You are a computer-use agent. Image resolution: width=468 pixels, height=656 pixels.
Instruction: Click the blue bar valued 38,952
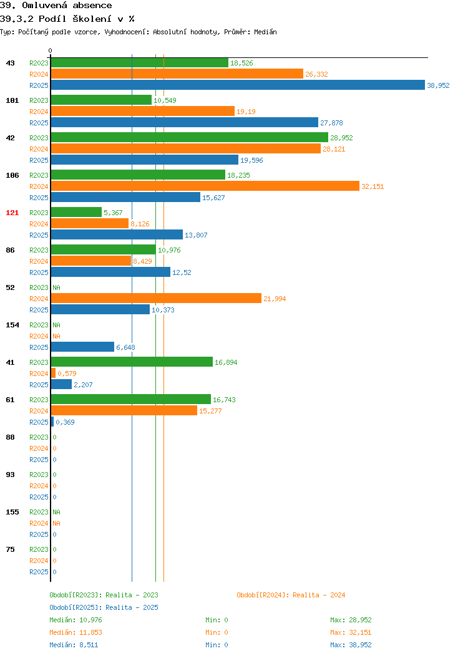[x=238, y=85]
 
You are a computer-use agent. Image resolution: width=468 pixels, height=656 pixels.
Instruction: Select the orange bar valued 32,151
[x=205, y=186]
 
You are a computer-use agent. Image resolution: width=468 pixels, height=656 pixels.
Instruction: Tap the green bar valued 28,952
[x=190, y=137]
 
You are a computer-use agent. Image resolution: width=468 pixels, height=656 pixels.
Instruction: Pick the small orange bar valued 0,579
[x=53, y=373]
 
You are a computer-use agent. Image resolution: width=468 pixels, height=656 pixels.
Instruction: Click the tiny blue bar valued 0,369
[x=52, y=422]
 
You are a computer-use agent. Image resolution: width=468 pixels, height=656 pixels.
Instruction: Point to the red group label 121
[x=12, y=213]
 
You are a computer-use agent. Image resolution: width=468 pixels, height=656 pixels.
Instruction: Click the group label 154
[x=12, y=325]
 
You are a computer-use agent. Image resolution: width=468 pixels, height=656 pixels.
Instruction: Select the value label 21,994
[x=275, y=299]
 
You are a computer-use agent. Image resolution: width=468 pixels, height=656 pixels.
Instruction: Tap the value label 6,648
[x=125, y=347]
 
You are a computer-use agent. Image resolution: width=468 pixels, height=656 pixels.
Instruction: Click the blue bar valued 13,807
[x=117, y=234]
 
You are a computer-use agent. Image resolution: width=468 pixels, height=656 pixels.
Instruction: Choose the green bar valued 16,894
[x=132, y=362]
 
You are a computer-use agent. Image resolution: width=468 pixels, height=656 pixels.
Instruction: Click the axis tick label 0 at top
[x=51, y=51]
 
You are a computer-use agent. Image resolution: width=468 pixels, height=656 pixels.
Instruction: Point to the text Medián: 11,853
[x=76, y=632]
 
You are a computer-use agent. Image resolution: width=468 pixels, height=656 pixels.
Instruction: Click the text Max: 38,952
[x=351, y=645]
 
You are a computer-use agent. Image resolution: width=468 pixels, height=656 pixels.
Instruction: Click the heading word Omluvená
[x=44, y=6]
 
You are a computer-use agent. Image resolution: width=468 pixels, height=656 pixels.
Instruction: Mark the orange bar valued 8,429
[x=91, y=261]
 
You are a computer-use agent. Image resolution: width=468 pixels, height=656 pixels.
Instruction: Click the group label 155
[x=12, y=512]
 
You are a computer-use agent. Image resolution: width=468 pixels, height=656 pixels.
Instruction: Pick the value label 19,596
[x=251, y=160]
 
